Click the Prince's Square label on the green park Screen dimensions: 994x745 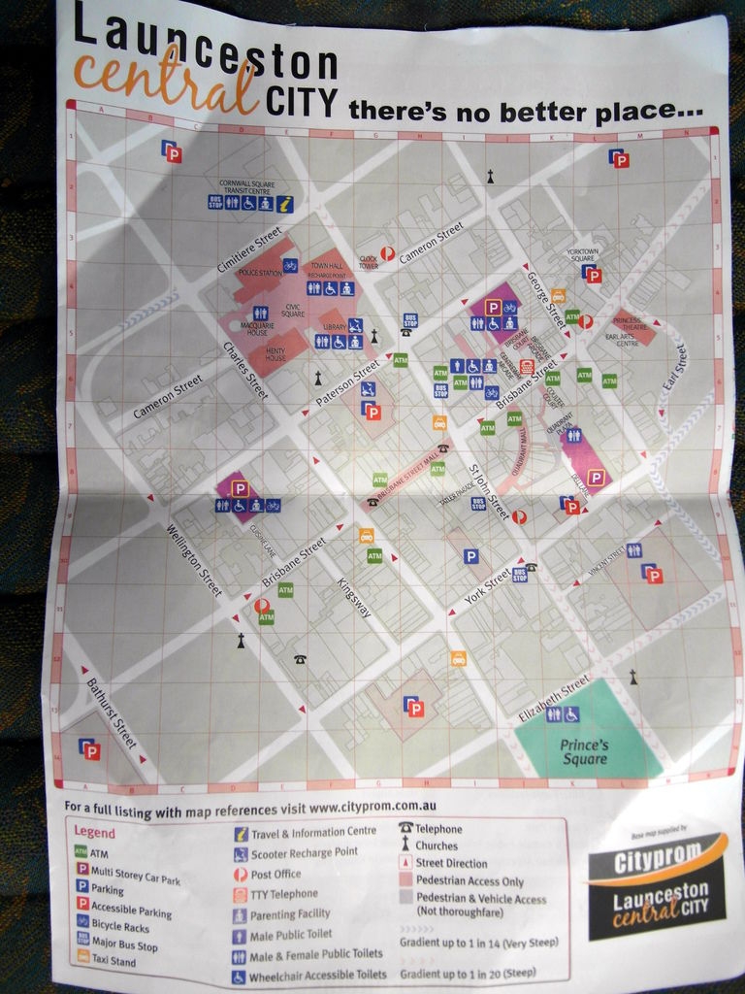584,751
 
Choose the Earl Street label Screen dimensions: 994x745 674,368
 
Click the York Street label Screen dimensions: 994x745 487,587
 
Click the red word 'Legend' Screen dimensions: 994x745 94,832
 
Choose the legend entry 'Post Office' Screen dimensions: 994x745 275,874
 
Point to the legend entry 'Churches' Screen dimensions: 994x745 437,845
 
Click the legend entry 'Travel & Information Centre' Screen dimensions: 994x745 313,832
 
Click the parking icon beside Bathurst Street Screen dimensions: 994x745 89,749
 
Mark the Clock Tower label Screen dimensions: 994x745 368,262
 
